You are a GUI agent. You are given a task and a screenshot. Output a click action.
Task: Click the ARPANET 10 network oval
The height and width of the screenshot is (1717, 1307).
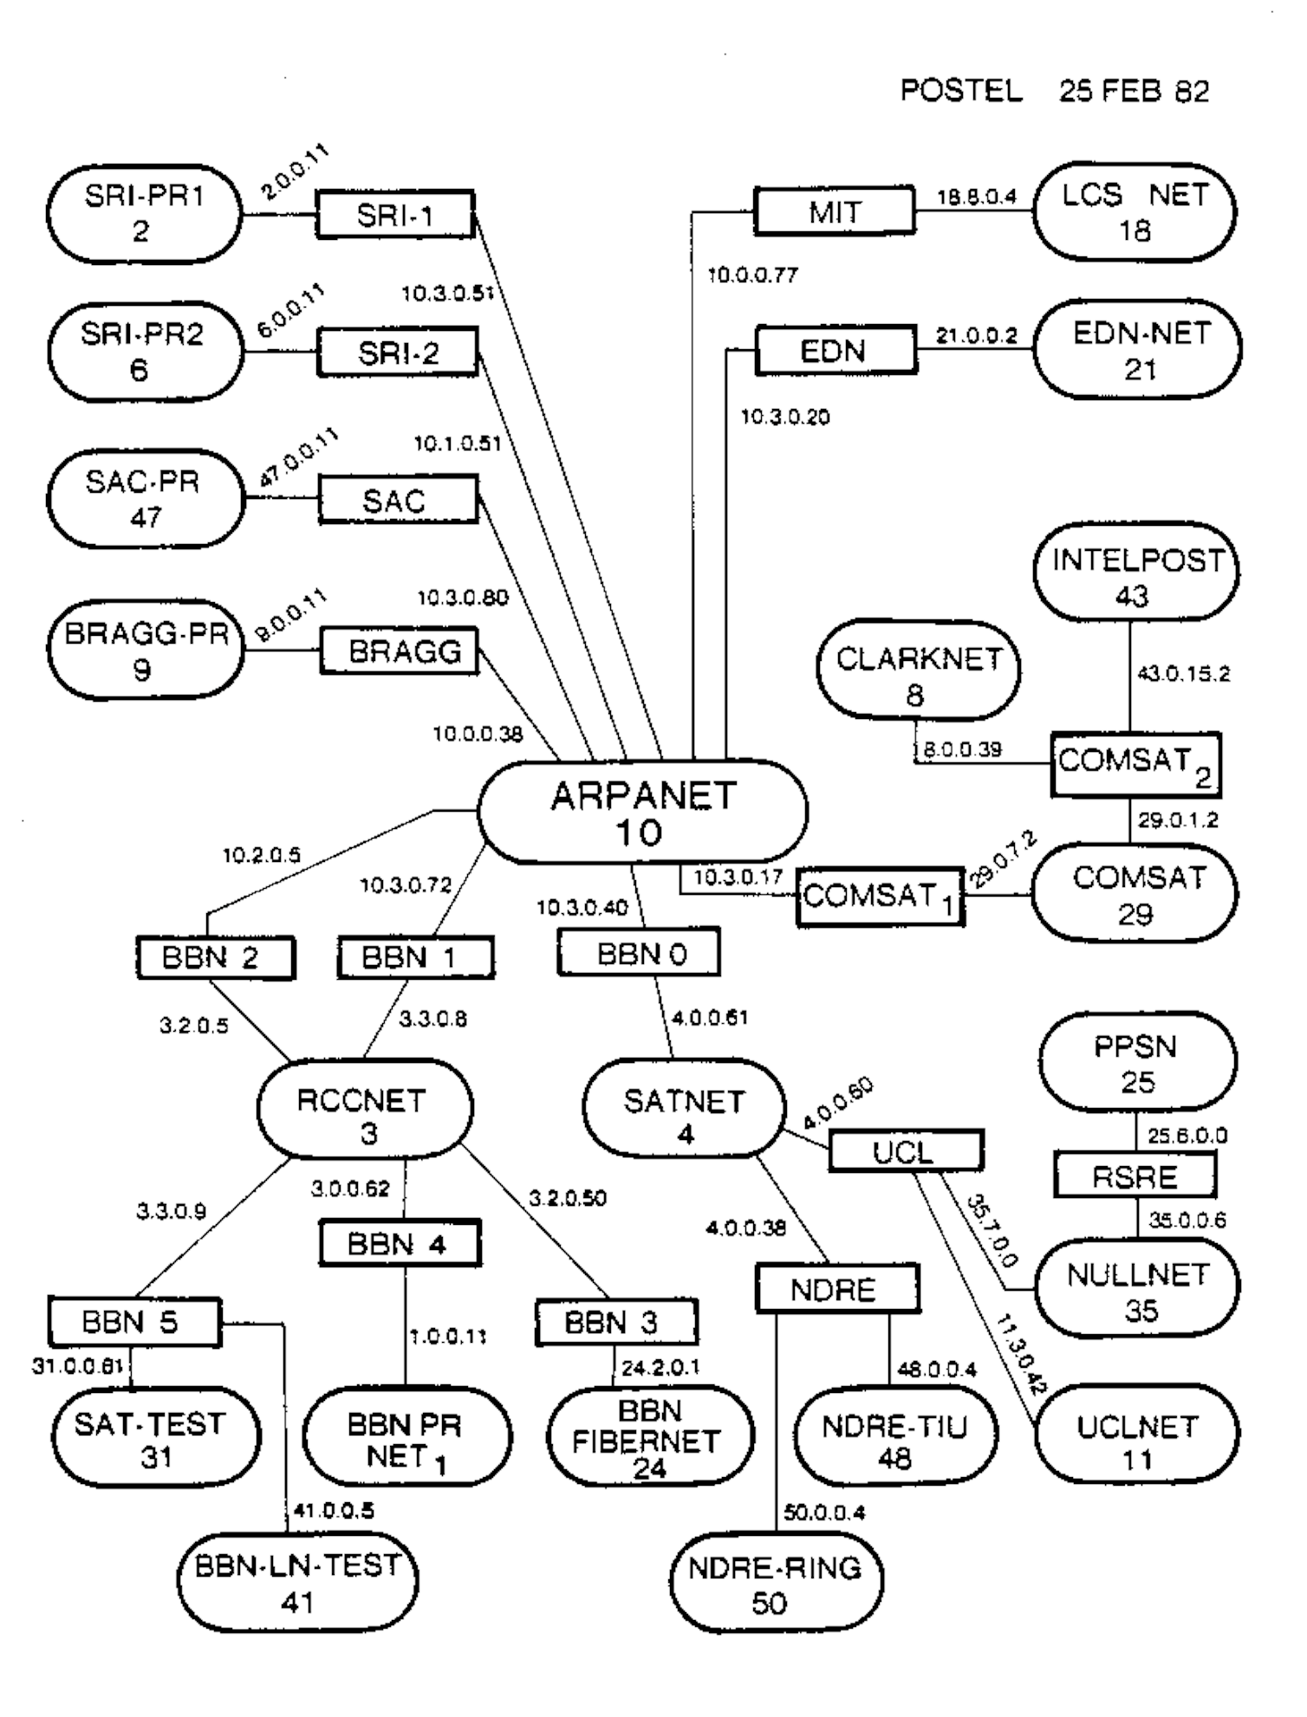pyautogui.click(x=642, y=812)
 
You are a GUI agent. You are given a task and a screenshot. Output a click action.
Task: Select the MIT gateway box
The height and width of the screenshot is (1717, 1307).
pyautogui.click(x=834, y=211)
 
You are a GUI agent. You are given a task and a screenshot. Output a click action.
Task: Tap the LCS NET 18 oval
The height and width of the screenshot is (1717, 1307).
pyautogui.click(x=1135, y=212)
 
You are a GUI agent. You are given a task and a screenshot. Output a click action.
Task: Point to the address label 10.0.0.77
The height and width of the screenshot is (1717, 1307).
pyautogui.click(x=752, y=276)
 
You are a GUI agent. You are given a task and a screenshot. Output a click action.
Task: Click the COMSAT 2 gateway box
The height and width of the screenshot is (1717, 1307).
pyautogui.click(x=1135, y=765)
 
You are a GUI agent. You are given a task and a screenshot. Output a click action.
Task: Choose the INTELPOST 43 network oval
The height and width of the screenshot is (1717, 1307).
pyautogui.click(x=1135, y=577)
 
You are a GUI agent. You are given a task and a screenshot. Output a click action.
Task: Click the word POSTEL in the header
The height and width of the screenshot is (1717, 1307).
pyautogui.click(x=961, y=91)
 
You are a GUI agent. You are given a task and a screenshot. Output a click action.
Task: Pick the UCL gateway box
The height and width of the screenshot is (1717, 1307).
pyautogui.click(x=906, y=1151)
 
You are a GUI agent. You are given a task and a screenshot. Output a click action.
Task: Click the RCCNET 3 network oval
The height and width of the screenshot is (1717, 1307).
pyautogui.click(x=365, y=1115)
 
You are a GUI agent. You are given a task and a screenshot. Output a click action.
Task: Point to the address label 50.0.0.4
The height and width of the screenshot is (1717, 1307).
pyautogui.click(x=823, y=1513)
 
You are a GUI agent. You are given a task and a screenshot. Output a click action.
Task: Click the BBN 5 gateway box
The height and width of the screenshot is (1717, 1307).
pyautogui.click(x=134, y=1321)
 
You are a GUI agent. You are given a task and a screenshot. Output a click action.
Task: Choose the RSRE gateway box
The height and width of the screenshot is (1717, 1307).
pyautogui.click(x=1134, y=1176)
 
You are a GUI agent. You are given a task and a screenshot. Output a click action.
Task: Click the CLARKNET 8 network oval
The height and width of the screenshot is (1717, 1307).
pyautogui.click(x=918, y=676)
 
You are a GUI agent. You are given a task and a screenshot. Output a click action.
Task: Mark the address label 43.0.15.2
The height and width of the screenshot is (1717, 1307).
pyautogui.click(x=1182, y=674)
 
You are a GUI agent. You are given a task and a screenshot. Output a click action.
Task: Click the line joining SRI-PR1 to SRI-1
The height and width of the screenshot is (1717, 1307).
pyautogui.click(x=279, y=215)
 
